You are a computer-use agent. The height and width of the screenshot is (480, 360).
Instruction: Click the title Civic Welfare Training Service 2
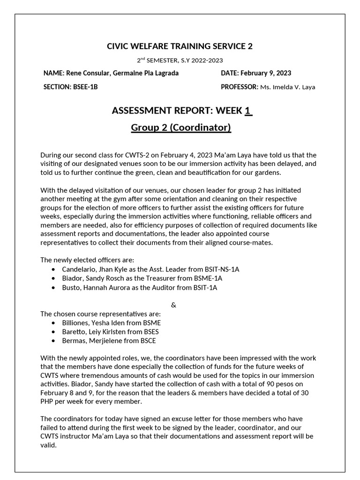coord(180,46)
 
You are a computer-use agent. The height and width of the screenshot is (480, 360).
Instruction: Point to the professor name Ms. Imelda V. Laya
coord(288,87)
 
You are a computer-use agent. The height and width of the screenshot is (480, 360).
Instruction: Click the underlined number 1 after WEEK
coord(248,111)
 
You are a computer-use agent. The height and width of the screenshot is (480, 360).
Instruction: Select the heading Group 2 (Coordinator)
coord(180,127)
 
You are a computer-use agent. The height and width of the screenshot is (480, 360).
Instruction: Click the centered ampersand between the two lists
coord(173,305)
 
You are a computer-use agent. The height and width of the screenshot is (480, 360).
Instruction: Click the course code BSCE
coord(147,341)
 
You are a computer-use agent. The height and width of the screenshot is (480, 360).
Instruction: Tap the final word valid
coord(48,445)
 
